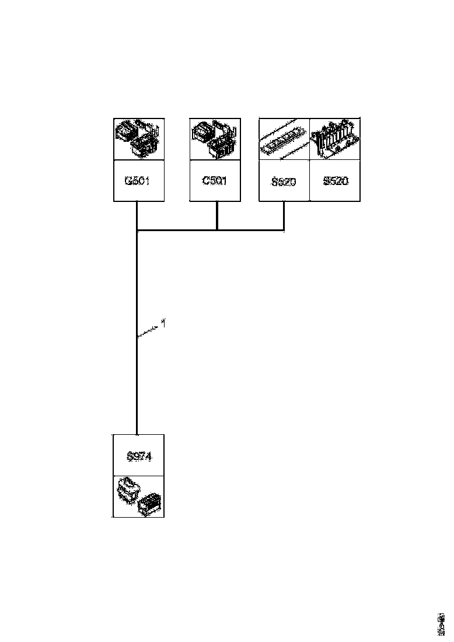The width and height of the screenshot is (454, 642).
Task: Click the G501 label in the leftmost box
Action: click(x=138, y=180)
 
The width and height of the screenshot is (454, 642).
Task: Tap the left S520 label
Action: click(x=284, y=182)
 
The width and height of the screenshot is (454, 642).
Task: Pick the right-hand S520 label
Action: click(x=335, y=181)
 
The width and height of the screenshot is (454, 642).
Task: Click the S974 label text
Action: click(x=139, y=456)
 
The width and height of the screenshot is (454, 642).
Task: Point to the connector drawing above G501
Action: click(x=139, y=138)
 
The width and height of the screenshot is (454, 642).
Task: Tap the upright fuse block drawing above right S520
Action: click(x=335, y=139)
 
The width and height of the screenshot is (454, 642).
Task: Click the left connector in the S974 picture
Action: click(x=127, y=489)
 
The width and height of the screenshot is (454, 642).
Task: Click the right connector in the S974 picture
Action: click(x=151, y=503)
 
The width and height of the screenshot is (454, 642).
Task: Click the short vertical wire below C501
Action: click(x=217, y=215)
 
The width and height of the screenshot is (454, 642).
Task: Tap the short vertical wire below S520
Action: click(x=284, y=215)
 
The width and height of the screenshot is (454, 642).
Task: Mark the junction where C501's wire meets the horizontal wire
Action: click(x=217, y=230)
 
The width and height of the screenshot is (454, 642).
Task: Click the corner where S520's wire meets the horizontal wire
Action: click(x=284, y=230)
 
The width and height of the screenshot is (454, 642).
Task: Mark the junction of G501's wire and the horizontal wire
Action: click(x=136, y=231)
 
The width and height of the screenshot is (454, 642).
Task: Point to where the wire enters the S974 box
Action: click(x=136, y=434)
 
